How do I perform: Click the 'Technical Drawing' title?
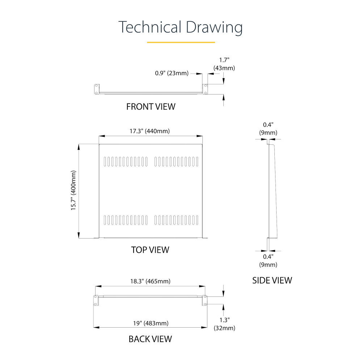click(181, 28)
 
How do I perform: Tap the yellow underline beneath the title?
click(181, 42)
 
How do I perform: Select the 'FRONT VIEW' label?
click(151, 106)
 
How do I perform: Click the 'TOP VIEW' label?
click(150, 249)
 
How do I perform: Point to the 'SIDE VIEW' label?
click(272, 280)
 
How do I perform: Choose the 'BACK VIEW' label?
click(150, 339)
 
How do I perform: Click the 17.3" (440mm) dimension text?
click(150, 131)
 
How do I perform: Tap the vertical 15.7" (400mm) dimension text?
click(73, 190)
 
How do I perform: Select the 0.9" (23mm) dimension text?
click(172, 73)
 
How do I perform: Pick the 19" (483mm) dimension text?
click(151, 323)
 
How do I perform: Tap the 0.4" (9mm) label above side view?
click(268, 129)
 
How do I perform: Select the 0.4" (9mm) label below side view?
click(268, 261)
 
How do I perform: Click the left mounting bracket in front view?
click(96, 89)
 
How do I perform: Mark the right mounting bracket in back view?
click(205, 299)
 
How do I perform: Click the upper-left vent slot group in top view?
click(126, 161)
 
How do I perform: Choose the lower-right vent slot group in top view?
click(177, 220)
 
